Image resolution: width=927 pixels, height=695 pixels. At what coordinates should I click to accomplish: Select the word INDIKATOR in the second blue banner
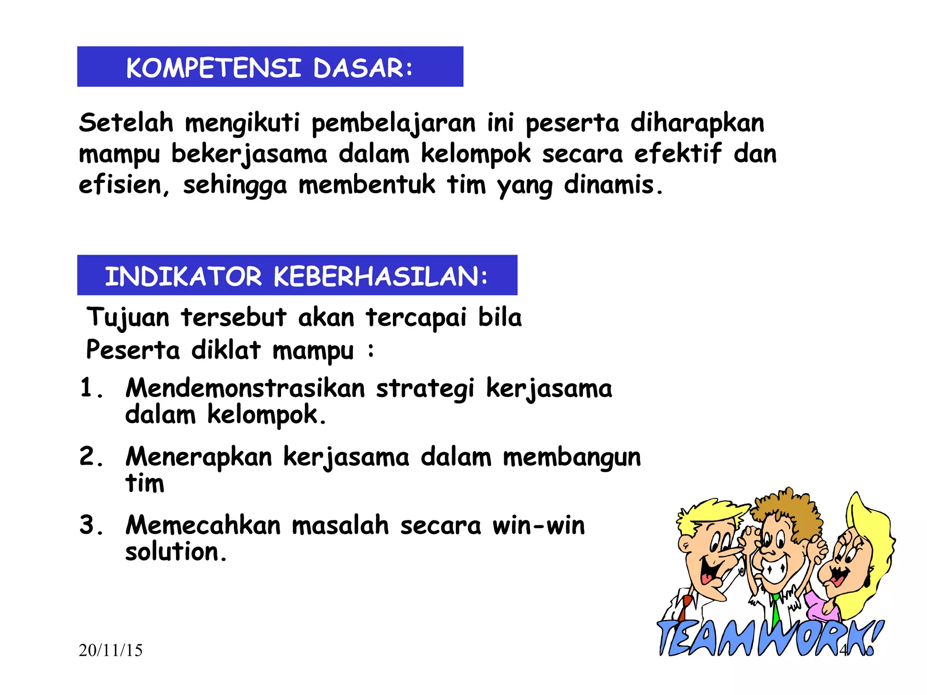[183, 276]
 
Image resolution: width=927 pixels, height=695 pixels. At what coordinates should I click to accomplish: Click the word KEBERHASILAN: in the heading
[381, 276]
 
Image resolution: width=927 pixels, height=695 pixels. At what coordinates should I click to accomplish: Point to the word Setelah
[126, 123]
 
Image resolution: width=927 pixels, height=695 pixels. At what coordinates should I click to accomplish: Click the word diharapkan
[697, 123]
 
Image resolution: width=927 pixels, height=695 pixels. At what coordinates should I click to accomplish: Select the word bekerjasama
[249, 154]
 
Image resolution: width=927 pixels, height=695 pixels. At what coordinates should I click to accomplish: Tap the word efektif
[678, 153]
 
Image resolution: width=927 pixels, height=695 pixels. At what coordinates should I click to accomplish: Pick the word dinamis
[613, 185]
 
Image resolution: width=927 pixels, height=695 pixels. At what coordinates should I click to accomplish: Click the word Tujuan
[128, 318]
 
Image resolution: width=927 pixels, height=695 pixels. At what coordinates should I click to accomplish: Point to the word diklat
[226, 350]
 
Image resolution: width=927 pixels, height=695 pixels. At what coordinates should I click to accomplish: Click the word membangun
[572, 457]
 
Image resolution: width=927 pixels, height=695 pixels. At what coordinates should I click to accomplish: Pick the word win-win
[539, 526]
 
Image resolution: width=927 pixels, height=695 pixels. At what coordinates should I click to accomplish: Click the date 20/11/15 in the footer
[110, 651]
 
